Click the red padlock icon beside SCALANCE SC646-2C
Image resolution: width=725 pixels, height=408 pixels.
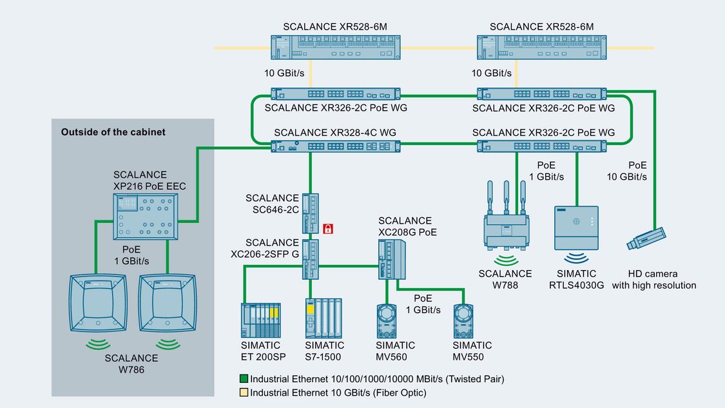(327, 228)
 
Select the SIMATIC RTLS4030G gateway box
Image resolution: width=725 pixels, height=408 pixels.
(576, 228)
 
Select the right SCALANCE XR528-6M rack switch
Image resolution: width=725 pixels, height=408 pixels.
(541, 48)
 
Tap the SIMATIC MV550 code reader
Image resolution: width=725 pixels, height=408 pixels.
(467, 320)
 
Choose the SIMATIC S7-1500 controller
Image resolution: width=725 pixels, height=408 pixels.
(324, 318)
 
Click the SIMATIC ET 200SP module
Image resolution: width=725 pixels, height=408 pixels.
(261, 320)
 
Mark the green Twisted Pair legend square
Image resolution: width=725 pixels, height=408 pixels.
(244, 380)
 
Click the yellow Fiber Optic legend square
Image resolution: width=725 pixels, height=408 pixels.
(244, 393)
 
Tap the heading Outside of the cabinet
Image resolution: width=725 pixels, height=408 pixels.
(113, 132)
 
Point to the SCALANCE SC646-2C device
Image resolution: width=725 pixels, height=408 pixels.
(310, 212)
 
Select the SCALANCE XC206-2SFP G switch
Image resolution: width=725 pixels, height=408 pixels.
(310, 259)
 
